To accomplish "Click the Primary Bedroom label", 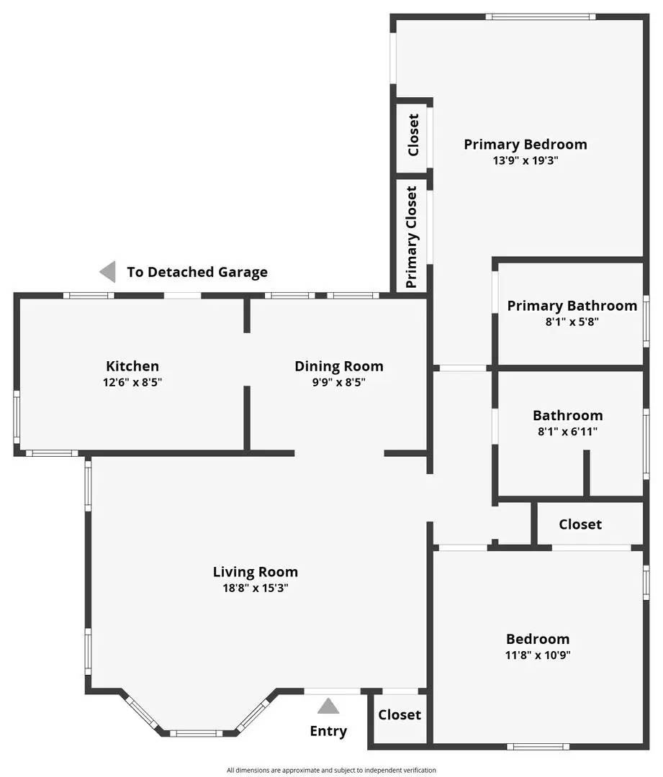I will pyautogui.click(x=525, y=145).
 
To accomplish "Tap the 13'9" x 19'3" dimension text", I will pyautogui.click(x=525, y=161).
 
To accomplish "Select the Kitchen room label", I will pyautogui.click(x=132, y=366).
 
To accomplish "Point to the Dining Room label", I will pyautogui.click(x=338, y=366).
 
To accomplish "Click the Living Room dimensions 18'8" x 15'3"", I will pyautogui.click(x=255, y=588).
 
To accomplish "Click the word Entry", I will pyautogui.click(x=328, y=731).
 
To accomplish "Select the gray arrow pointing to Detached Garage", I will pyautogui.click(x=107, y=271).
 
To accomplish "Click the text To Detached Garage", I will pyautogui.click(x=197, y=272).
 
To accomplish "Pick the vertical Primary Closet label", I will pyautogui.click(x=412, y=237).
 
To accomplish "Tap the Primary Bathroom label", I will pyautogui.click(x=572, y=306).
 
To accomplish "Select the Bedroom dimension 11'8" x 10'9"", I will pyautogui.click(x=538, y=655).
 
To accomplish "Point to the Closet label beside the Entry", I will pyautogui.click(x=400, y=714).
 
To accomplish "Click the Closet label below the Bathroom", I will pyautogui.click(x=579, y=524).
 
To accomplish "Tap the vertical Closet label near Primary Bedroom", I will pyautogui.click(x=413, y=135).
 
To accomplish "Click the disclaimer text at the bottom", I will pyautogui.click(x=331, y=770).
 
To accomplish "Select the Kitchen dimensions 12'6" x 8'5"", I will pyautogui.click(x=132, y=383).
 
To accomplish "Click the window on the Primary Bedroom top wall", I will pyautogui.click(x=540, y=17).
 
